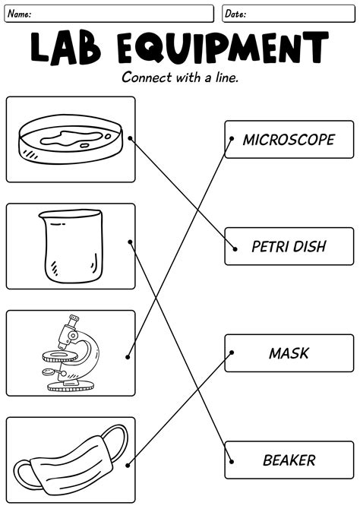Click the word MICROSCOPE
(288, 140)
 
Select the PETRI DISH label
(288, 247)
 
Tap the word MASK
(289, 353)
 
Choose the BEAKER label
(289, 460)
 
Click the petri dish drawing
(70, 140)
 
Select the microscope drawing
(70, 353)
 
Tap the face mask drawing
(70, 459)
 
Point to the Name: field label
(20, 14)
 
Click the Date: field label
(235, 14)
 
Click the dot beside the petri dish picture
(131, 138)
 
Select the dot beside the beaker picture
(131, 242)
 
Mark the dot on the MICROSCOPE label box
(231, 139)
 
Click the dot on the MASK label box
(231, 352)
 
